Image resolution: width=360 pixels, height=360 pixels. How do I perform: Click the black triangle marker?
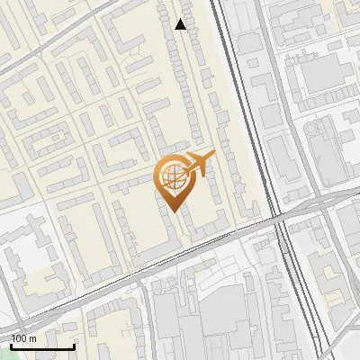point(181,24)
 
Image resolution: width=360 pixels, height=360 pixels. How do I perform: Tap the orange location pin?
point(173,180)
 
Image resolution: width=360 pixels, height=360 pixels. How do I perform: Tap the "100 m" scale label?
point(24,338)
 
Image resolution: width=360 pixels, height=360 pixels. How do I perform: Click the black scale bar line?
point(42,346)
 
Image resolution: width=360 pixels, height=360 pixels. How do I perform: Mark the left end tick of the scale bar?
point(12,345)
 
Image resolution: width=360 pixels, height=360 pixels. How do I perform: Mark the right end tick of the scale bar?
point(74,345)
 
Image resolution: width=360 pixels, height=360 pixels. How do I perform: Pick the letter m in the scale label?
point(33,338)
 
